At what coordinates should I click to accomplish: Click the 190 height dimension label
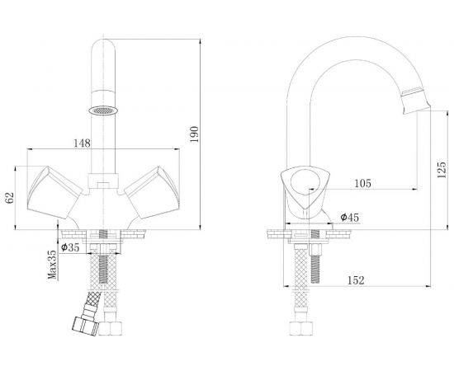tap(195, 134)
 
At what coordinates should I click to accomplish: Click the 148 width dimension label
tap(82, 143)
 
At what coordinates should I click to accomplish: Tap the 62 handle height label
tap(10, 198)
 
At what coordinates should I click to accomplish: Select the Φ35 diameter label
tap(70, 247)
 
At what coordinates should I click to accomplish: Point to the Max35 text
tap(53, 265)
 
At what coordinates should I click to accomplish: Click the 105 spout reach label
tap(362, 183)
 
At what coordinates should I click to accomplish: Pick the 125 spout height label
tap(442, 170)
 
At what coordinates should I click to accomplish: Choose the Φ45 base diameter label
tap(349, 217)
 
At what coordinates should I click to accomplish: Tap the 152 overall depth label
tap(356, 280)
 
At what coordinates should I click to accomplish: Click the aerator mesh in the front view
tap(103, 110)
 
